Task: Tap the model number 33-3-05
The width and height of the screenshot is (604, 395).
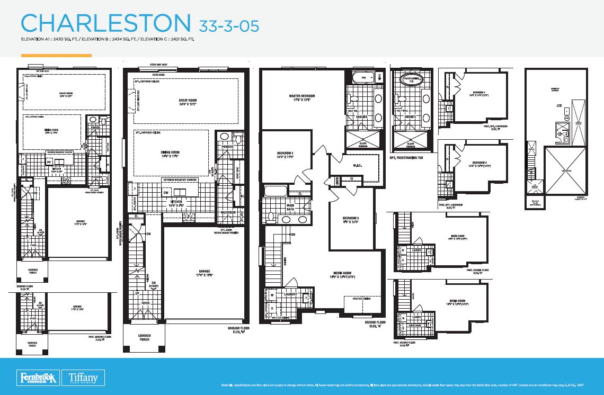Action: [x=229, y=25]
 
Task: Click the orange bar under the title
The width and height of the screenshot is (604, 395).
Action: [x=56, y=55]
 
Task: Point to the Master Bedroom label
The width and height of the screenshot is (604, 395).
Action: [x=301, y=98]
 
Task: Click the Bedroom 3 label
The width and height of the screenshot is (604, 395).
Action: [x=285, y=155]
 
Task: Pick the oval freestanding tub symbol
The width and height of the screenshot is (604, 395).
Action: [x=412, y=80]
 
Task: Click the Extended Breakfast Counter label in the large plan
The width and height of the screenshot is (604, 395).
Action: [x=186, y=180]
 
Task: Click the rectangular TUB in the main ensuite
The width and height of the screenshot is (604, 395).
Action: [x=363, y=78]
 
